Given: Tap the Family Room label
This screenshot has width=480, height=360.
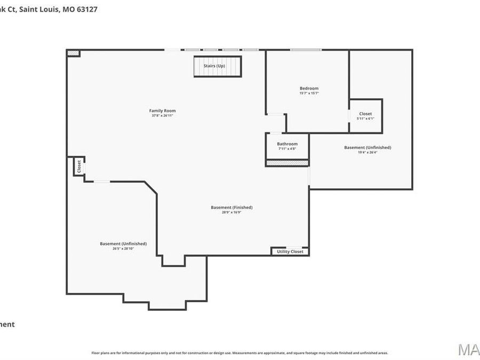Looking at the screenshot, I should [162, 111].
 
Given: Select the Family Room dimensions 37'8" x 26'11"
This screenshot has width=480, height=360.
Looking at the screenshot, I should [162, 116].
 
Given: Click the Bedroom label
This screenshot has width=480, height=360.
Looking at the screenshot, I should [309, 89].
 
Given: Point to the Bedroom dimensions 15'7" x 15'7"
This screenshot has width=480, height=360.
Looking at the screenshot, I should [309, 93].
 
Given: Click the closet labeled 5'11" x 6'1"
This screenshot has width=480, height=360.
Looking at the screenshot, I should [365, 116].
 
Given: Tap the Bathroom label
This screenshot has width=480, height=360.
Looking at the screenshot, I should [287, 144].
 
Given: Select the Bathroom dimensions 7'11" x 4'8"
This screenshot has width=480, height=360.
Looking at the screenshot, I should [287, 149].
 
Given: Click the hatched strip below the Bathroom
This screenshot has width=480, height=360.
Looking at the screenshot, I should [287, 163].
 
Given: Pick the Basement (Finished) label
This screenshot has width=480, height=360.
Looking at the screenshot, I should [231, 207].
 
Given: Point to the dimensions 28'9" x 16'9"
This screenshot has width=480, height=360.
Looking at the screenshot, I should [231, 212].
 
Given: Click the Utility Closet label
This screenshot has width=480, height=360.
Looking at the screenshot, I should [290, 252].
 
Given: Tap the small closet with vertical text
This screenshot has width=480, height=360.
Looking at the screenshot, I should [79, 166].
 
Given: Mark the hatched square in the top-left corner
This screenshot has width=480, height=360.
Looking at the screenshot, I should [73, 53].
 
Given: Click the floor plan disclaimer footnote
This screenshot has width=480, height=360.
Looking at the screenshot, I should [239, 353].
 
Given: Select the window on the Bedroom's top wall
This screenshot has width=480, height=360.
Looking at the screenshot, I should [306, 50].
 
